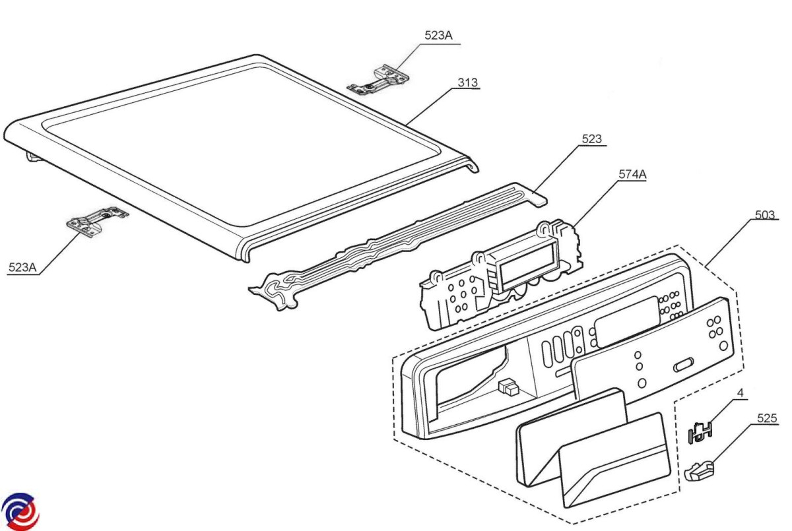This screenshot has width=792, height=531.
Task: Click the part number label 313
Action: pyautogui.click(x=468, y=83)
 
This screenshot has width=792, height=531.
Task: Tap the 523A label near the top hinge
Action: pyautogui.click(x=438, y=36)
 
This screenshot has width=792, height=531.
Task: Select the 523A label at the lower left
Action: pyautogui.click(x=22, y=267)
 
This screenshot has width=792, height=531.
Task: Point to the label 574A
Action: pyautogui.click(x=632, y=175)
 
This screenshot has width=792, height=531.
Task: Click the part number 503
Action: pyautogui.click(x=765, y=215)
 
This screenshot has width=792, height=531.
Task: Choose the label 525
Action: pyautogui.click(x=768, y=418)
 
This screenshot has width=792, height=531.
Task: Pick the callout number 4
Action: pyautogui.click(x=741, y=392)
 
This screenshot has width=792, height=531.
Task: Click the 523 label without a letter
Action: pyautogui.click(x=591, y=139)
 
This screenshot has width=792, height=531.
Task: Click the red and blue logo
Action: pyautogui.click(x=20, y=510)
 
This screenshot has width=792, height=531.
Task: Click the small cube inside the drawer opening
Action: pyautogui.click(x=508, y=385)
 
